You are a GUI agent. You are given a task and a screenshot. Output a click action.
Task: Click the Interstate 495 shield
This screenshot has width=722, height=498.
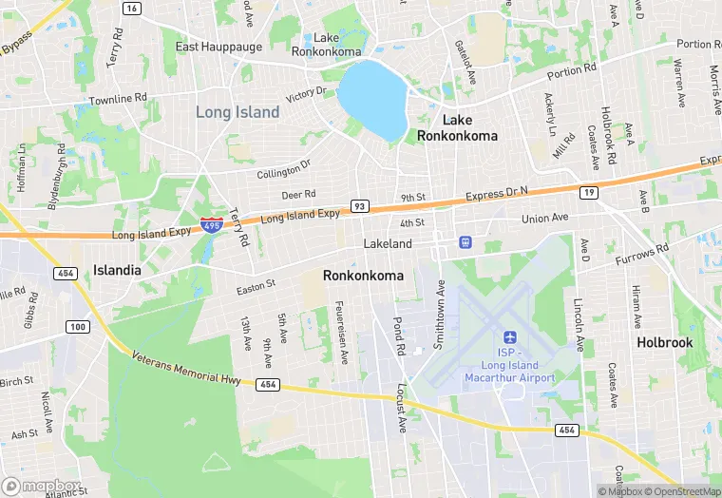click(212, 225)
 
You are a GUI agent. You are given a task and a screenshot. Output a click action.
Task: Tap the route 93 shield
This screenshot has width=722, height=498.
click(359, 205)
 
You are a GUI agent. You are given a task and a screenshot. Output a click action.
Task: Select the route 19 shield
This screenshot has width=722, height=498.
click(589, 193)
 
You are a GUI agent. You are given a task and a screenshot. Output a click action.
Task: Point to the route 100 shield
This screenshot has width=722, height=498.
click(77, 327)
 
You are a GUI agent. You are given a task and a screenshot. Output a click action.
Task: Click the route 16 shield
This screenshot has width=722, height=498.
click(132, 9)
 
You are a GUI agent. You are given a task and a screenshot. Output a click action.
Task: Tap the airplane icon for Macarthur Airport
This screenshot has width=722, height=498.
click(509, 338)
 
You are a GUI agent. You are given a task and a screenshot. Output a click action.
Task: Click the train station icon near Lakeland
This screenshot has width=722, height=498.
click(465, 242)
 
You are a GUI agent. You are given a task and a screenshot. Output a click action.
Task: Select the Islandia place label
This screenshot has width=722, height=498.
click(117, 270)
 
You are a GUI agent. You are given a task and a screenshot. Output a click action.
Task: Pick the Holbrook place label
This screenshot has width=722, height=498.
click(664, 342)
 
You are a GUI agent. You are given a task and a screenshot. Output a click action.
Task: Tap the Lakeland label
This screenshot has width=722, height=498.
click(388, 244)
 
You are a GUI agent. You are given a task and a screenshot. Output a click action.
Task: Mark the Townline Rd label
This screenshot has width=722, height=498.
click(118, 98)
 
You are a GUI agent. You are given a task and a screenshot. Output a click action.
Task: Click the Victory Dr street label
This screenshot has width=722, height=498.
click(306, 94)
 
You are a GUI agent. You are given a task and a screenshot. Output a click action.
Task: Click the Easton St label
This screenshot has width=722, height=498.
click(256, 284)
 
